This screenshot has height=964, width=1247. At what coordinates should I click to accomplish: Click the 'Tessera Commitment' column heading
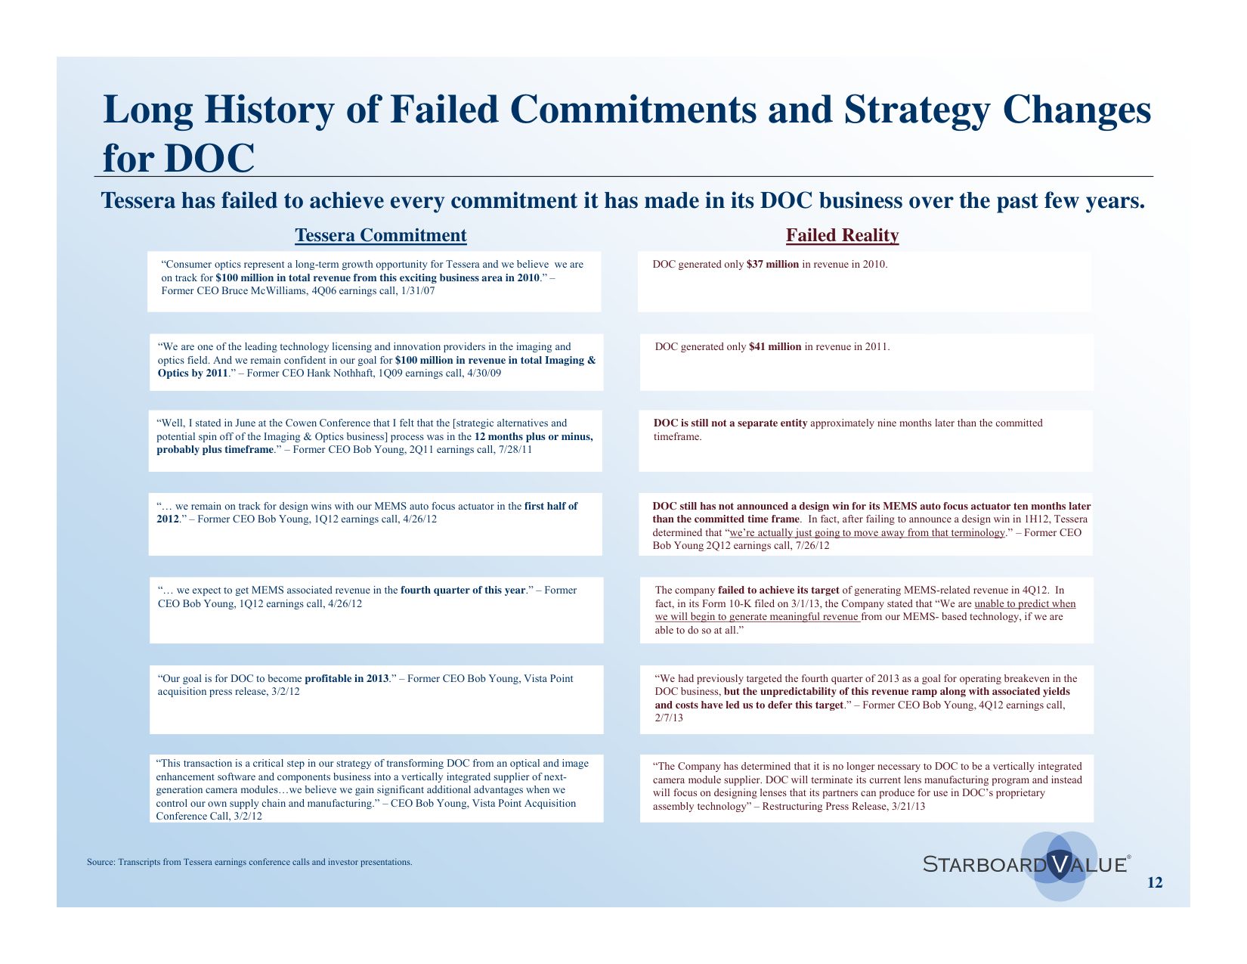380,235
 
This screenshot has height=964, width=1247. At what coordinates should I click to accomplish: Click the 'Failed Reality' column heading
842,235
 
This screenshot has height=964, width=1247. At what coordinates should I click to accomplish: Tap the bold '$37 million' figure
772,264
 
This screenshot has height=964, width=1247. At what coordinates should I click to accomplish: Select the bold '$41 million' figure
775,347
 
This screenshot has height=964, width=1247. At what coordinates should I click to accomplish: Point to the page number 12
1155,882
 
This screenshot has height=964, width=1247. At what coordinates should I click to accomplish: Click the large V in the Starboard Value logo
1060,864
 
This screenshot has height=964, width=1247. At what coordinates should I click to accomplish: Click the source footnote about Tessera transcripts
249,862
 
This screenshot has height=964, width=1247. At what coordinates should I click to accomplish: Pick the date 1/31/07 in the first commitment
417,290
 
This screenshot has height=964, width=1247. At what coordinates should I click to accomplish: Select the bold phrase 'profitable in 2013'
347,679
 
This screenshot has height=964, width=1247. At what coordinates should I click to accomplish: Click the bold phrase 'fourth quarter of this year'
463,590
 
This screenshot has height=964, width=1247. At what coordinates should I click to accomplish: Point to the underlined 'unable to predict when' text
1025,604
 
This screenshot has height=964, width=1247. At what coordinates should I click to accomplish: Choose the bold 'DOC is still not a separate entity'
730,423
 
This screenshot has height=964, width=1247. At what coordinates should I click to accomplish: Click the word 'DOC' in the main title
209,158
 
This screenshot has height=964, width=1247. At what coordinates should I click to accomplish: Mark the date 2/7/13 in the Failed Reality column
669,718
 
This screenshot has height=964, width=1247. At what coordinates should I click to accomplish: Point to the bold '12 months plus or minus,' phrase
534,437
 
